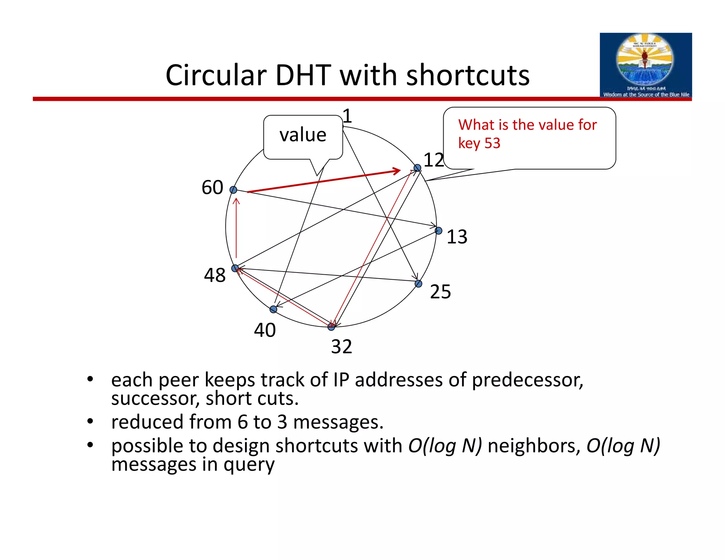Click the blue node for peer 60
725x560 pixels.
233,190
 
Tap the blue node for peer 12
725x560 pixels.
417,168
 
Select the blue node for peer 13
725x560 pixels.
438,231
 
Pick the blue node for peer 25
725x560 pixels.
418,284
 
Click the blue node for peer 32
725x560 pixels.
331,326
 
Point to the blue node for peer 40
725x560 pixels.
273,309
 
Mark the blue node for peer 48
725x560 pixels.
235,268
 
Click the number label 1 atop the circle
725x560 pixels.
347,116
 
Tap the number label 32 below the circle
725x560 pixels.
341,347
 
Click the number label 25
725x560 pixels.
440,292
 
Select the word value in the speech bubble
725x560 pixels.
303,135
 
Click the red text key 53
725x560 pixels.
479,143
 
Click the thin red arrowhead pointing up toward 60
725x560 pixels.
236,202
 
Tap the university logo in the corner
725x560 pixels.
645,65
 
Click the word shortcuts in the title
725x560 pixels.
468,75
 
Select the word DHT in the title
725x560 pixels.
303,75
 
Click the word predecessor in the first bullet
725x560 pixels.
527,380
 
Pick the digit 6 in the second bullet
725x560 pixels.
242,422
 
